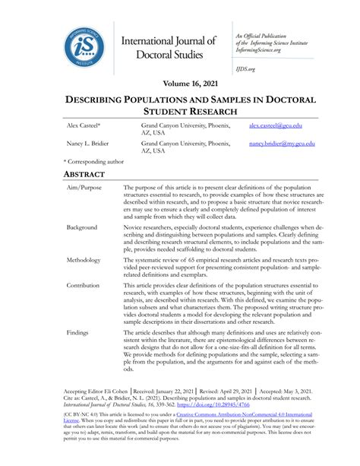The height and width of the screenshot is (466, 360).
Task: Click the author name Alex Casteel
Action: click(x=83, y=125)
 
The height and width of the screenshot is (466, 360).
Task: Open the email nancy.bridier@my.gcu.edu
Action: click(x=281, y=143)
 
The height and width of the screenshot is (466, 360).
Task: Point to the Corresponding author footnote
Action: click(x=96, y=162)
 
